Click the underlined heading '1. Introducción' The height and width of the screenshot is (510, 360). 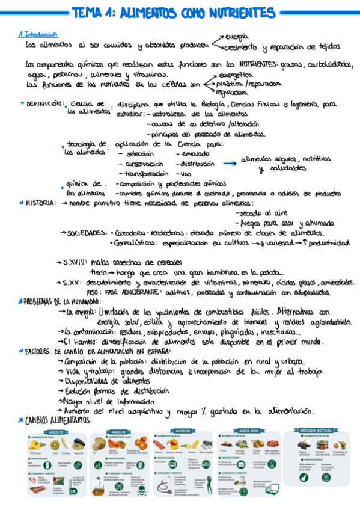coord(37,35)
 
